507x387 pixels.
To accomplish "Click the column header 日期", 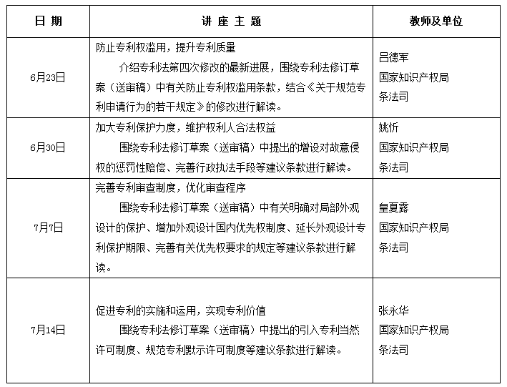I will coord(48,21).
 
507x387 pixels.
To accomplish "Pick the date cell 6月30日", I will coord(49,148).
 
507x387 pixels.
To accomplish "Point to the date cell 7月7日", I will coord(49,228).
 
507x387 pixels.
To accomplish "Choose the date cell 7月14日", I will coord(49,330).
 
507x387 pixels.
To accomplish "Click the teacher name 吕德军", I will coord(395,57).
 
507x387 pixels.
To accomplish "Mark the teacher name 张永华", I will coord(395,311).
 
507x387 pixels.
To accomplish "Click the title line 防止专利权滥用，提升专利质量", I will coord(165,47).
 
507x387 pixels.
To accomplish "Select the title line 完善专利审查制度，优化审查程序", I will coord(170,188).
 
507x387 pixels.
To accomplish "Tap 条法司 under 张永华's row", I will coord(395,351).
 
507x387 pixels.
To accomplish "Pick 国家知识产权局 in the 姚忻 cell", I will coord(414,148).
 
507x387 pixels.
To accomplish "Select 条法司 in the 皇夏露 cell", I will coord(395,248).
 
